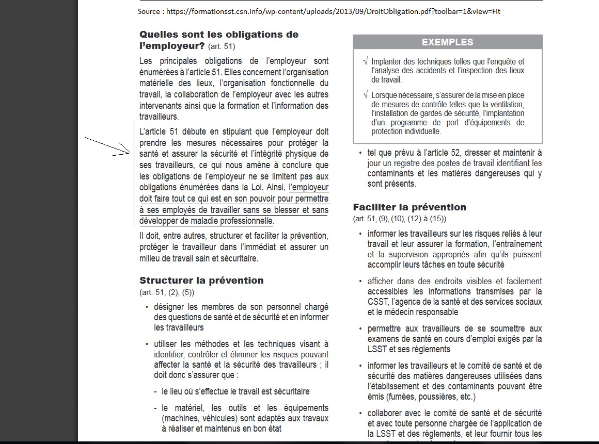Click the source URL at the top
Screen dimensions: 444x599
tap(319, 11)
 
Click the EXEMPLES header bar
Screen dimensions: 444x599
tap(447, 42)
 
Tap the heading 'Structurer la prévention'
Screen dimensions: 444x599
tap(201, 281)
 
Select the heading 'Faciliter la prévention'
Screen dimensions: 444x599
tap(409, 207)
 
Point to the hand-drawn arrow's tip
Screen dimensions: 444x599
tap(131, 153)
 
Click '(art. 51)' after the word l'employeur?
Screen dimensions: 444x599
tap(222, 47)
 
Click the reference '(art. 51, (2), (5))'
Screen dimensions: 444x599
tap(167, 292)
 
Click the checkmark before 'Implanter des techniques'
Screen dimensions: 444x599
tap(366, 62)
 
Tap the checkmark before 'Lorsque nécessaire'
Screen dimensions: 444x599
tap(366, 95)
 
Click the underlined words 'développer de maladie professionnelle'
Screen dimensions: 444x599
tap(206, 221)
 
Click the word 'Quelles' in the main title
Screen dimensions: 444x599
tap(158, 35)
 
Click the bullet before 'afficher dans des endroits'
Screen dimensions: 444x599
tap(360, 282)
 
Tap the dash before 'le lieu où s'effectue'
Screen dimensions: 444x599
tap(155, 391)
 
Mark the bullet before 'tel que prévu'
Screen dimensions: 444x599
tap(360, 153)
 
